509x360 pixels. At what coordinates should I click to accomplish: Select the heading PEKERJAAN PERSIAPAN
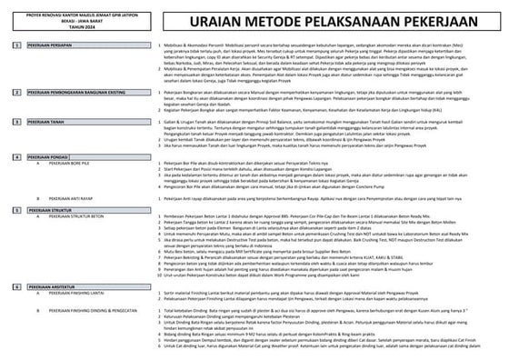(x=49, y=44)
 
